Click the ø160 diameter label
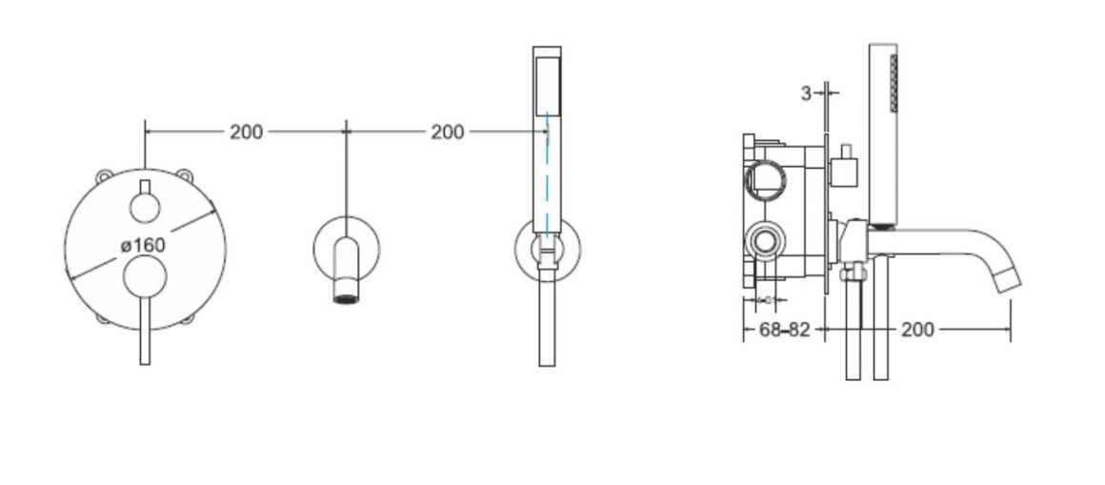[143, 245]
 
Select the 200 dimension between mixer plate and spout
[246, 131]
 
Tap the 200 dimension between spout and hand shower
[448, 131]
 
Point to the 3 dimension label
[806, 93]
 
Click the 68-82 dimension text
[784, 329]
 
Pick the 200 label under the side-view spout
[917, 329]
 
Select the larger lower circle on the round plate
[145, 277]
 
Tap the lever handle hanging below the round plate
[145, 332]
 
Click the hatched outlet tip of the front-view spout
[346, 297]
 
